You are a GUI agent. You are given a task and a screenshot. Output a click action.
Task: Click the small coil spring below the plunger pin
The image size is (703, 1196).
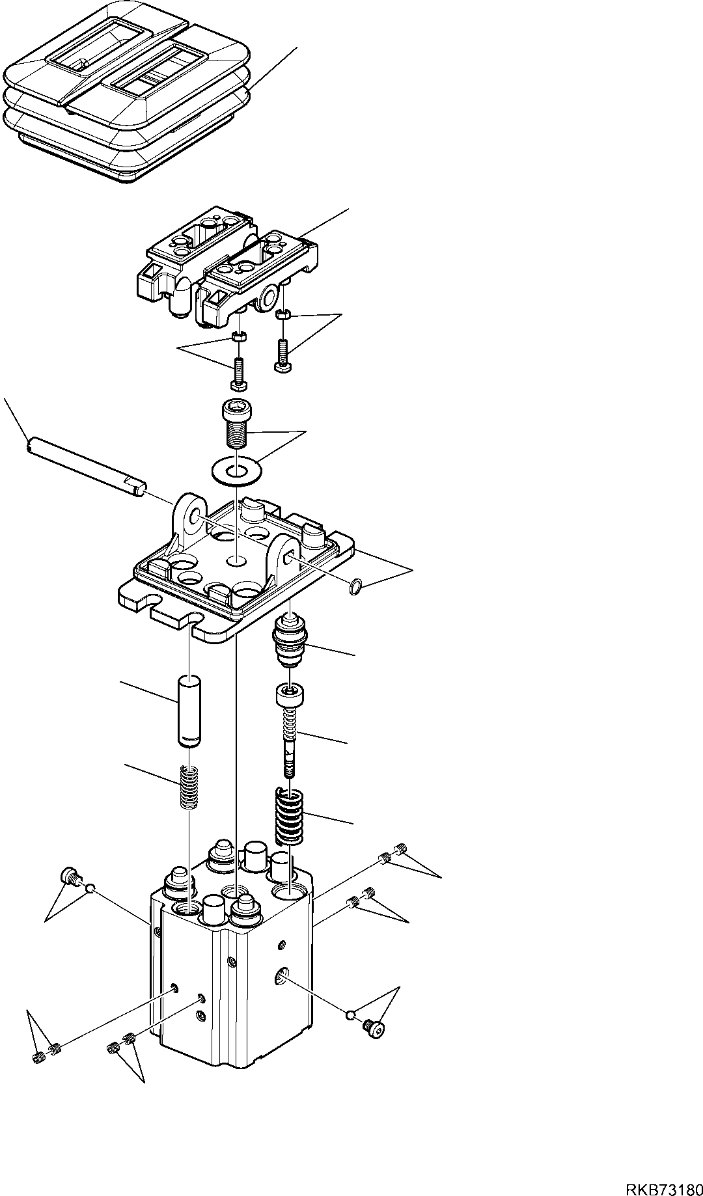188,787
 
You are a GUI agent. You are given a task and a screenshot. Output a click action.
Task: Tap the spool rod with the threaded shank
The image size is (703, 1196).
289,732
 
